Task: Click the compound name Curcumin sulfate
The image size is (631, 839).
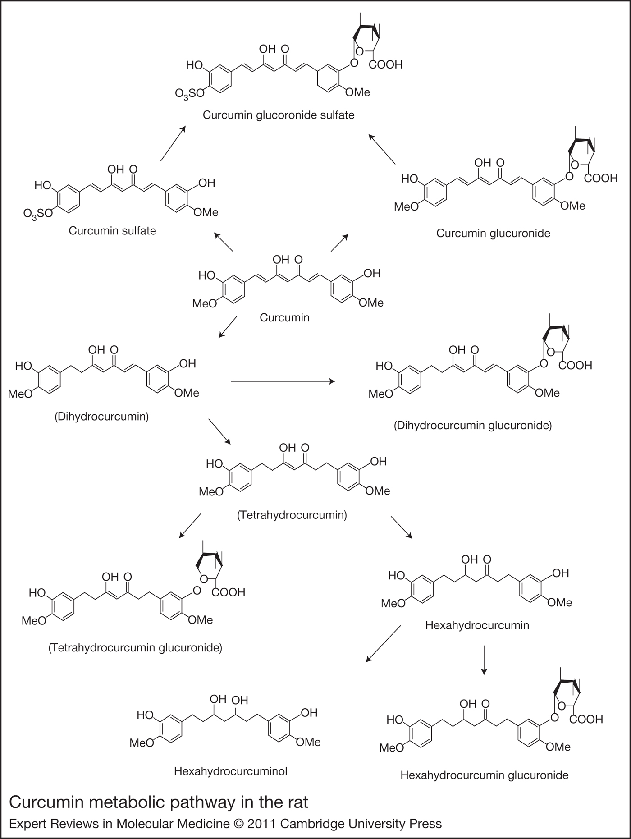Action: (112, 231)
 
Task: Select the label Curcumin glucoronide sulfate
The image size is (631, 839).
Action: (278, 115)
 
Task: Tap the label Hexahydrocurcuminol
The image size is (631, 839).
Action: (230, 771)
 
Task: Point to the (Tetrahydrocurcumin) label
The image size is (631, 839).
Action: (292, 515)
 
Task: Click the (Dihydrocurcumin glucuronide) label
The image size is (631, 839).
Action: (472, 425)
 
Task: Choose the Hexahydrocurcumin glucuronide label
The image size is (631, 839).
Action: (484, 775)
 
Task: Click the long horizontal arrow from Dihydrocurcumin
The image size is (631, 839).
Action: (283, 381)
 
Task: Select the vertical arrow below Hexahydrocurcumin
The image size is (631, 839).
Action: (484, 660)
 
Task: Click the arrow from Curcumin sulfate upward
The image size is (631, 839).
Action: (173, 144)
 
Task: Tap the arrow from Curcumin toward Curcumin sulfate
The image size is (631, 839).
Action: (224, 242)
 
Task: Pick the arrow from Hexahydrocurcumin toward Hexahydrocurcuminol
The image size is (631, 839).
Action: (383, 644)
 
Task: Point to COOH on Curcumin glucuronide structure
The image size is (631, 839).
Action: (600, 179)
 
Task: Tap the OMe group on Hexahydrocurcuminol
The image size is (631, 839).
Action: (308, 742)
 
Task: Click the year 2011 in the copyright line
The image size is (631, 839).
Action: (261, 824)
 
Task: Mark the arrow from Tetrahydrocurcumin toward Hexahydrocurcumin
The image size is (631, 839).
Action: (401, 527)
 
